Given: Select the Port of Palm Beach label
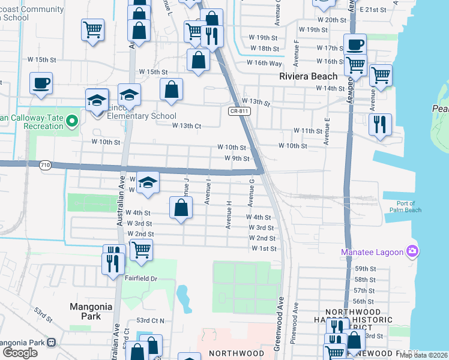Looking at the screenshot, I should click(x=402, y=206).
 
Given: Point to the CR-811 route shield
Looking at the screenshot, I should click(x=239, y=110).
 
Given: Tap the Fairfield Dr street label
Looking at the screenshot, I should click(x=140, y=278).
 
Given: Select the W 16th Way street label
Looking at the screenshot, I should click(x=264, y=63).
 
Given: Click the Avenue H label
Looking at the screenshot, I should click(x=229, y=215).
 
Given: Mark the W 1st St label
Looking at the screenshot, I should click(x=264, y=248).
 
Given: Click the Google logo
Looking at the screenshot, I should click(x=20, y=353).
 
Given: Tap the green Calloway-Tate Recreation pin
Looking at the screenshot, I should click(x=73, y=122).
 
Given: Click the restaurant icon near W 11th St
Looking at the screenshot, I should click(x=380, y=124).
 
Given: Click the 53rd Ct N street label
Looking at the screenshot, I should click(x=151, y=320).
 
